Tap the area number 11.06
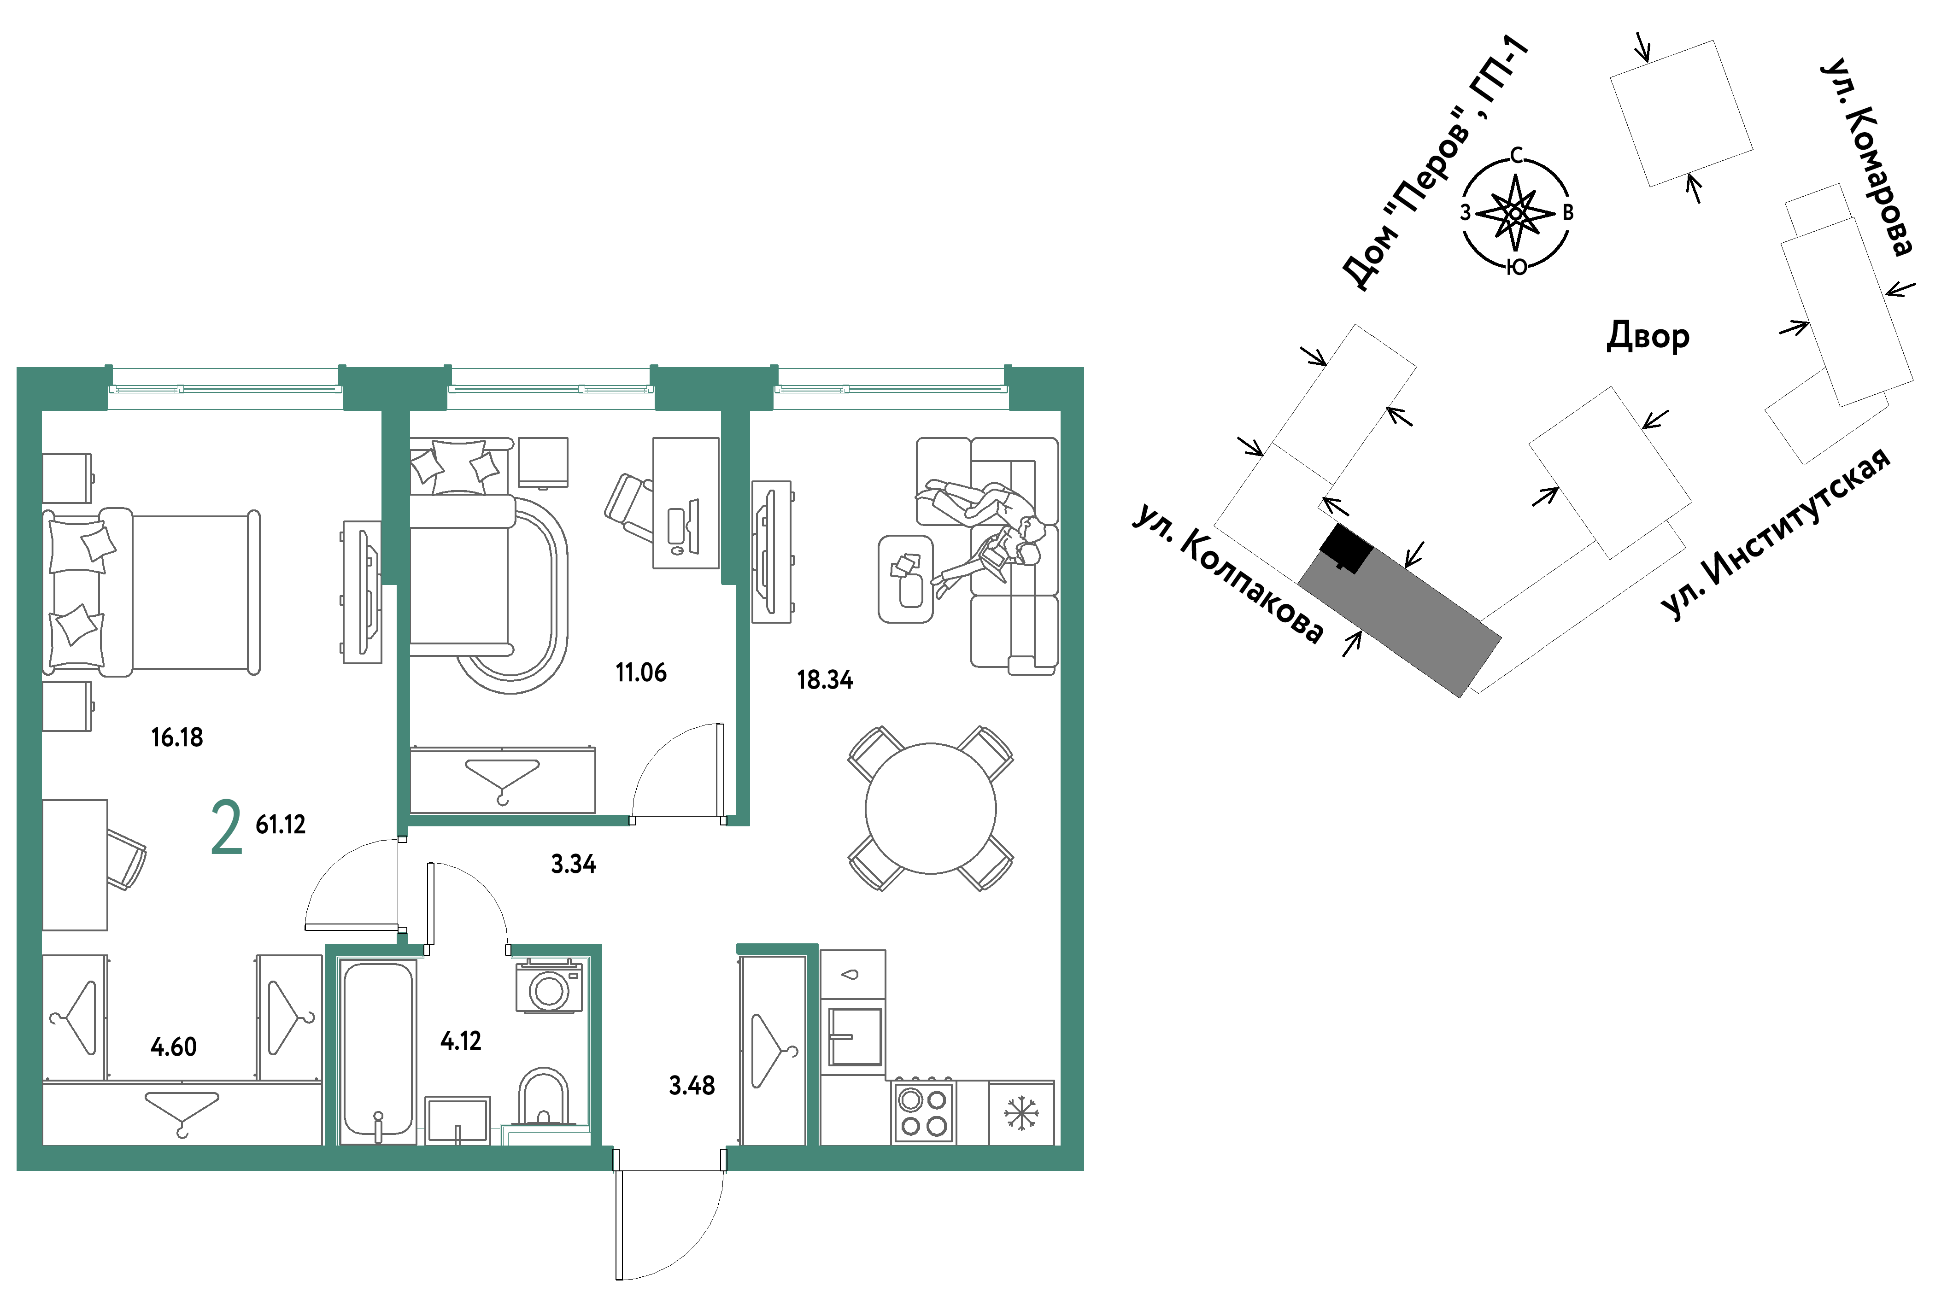coord(641,672)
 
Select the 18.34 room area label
coord(825,679)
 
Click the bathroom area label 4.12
coord(460,1041)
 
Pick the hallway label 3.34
coord(574,864)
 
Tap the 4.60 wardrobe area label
coord(174,1047)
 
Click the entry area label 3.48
coord(692,1085)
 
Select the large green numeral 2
coord(227,826)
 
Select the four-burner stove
coord(923,1112)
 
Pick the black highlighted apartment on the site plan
coord(1345,548)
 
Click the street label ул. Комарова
coord(1867,157)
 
